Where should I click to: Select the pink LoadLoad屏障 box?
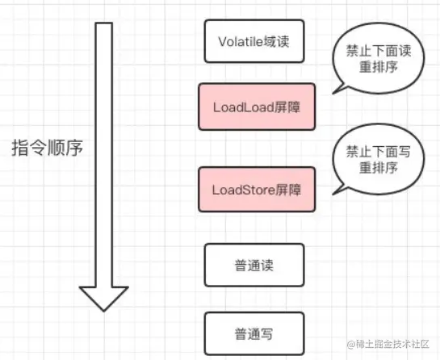[257, 107]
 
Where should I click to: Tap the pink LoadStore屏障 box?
[257, 190]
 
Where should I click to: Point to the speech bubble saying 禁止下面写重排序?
[372, 159]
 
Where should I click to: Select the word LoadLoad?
[241, 107]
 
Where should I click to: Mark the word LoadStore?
[242, 190]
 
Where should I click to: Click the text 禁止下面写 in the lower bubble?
[372, 150]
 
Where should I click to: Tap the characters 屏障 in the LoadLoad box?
[285, 107]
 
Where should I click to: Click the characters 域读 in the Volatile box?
[285, 40]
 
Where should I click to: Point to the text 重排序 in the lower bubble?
[372, 167]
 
